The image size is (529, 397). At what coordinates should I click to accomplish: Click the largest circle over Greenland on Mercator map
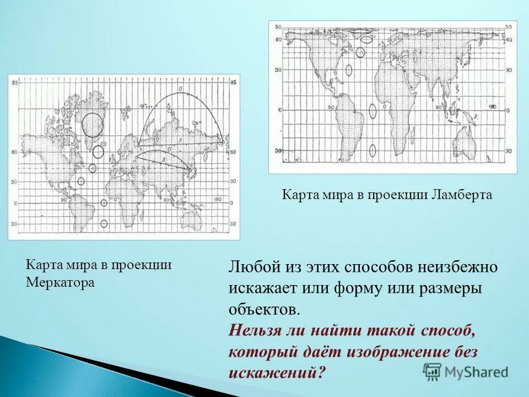click(93, 125)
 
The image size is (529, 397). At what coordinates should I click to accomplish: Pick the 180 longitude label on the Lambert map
click(493, 106)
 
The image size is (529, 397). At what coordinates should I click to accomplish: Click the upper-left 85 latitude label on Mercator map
click(16, 83)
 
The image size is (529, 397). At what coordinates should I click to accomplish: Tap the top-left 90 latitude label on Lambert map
click(278, 27)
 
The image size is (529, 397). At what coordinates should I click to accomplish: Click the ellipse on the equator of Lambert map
click(373, 111)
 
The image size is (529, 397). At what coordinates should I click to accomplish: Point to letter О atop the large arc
click(180, 89)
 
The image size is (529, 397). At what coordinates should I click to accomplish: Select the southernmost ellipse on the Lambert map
click(373, 150)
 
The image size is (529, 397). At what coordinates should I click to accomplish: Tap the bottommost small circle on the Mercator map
click(104, 223)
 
